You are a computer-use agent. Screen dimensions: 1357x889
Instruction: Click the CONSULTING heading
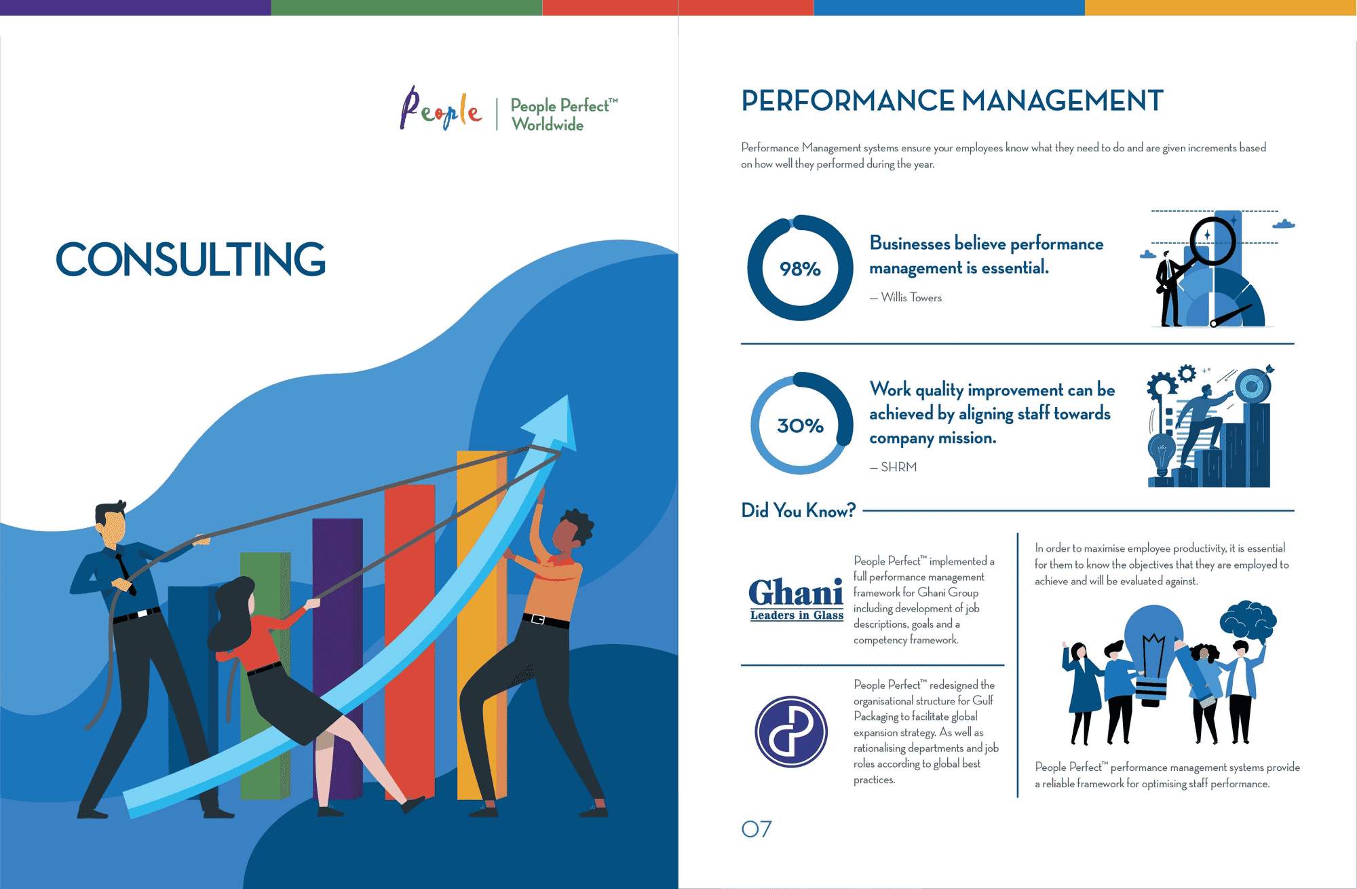coord(191,259)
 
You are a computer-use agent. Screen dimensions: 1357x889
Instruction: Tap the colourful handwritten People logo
coord(441,109)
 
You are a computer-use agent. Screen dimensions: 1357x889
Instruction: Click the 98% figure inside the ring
coord(800,269)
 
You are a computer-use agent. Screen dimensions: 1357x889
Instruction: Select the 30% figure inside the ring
coord(800,425)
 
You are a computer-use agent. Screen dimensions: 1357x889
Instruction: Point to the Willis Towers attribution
coord(906,297)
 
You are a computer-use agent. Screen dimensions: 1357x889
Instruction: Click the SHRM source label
coord(894,467)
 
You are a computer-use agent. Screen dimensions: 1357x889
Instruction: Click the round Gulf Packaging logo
coord(791,732)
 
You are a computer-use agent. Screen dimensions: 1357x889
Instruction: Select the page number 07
coord(757,829)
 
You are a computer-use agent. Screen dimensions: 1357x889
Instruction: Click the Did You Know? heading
coord(799,510)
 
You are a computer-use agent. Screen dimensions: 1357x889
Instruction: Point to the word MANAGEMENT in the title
coord(1063,101)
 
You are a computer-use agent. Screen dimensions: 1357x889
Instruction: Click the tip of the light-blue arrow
coord(567,397)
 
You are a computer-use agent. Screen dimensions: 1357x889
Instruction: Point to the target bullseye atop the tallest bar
coord(1252,386)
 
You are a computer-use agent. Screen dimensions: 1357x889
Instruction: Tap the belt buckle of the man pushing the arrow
coord(538,619)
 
